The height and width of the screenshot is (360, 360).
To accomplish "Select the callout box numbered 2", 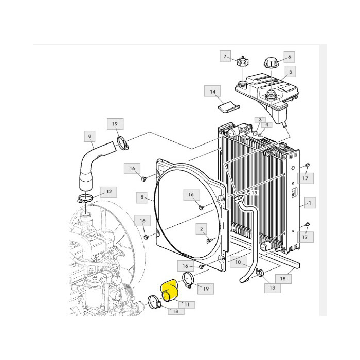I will pos(202,229).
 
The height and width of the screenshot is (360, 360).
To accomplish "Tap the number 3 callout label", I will pos(261,120).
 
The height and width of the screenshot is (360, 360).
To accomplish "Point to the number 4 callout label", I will pos(266,125).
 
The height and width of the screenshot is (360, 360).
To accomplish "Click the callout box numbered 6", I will pos(289,57).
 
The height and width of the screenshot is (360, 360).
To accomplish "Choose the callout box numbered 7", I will pos(225,56).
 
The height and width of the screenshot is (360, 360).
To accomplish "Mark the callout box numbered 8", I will pos(141,196).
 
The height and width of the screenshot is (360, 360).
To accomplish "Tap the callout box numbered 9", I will pos(89,136).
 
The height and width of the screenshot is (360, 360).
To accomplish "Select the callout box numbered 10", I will pos(237,262).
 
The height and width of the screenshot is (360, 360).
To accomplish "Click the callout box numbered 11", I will pos(187,304).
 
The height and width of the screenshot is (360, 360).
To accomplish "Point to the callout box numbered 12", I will pos(109,192).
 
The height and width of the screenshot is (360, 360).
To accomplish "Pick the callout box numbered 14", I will pos(212,92).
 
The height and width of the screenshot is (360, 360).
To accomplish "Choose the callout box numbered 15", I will pos(282,278).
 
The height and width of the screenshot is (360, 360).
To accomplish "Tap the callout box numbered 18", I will pos(175,311).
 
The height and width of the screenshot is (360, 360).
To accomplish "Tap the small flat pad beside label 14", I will pos(227,106).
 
